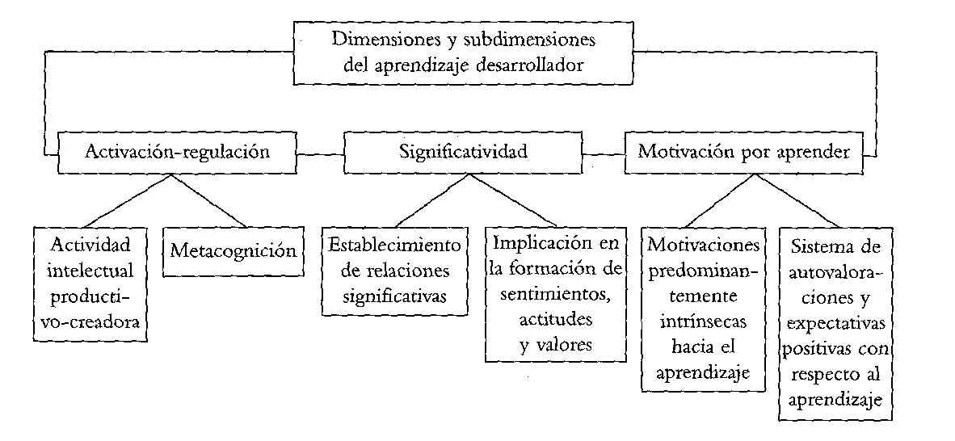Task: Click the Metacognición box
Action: (232, 250)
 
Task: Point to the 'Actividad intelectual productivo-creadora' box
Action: (95, 282)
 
